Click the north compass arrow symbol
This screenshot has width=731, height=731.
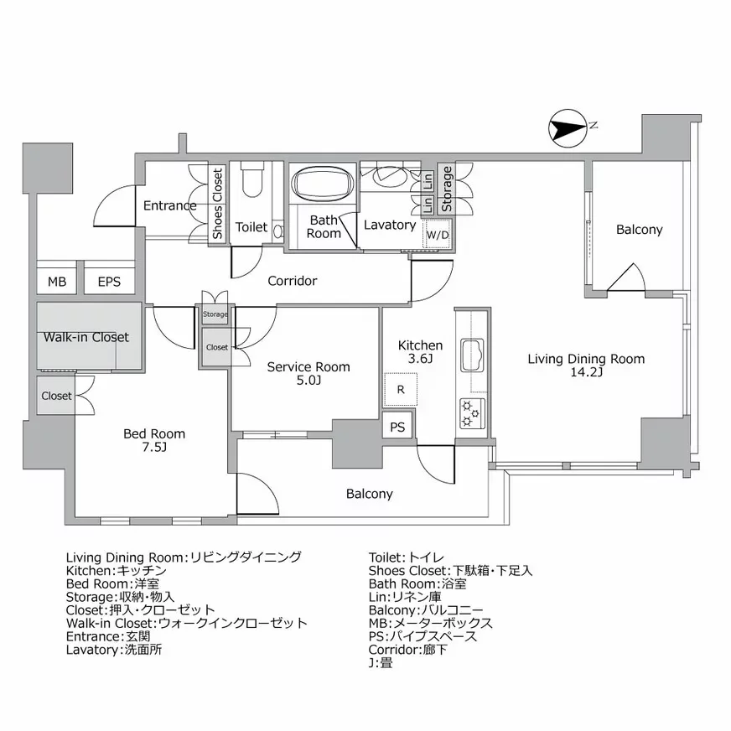[x=567, y=130]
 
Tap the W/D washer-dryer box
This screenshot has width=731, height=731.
[x=438, y=236]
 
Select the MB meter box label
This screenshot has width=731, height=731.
[x=56, y=282]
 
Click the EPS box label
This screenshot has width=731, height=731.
[x=109, y=282]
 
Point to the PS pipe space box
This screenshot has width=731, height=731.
[x=398, y=427]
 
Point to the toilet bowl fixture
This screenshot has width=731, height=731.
[x=252, y=179]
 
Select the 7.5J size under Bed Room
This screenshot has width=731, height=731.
[x=153, y=448]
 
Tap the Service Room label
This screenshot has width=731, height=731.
[x=308, y=367]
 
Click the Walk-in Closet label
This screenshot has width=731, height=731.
[x=86, y=337]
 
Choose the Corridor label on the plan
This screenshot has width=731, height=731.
[x=292, y=281]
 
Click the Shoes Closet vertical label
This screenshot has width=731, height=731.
[x=217, y=205]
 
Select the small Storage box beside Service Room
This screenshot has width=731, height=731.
[x=215, y=314]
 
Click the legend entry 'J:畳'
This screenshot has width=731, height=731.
[x=380, y=662]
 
